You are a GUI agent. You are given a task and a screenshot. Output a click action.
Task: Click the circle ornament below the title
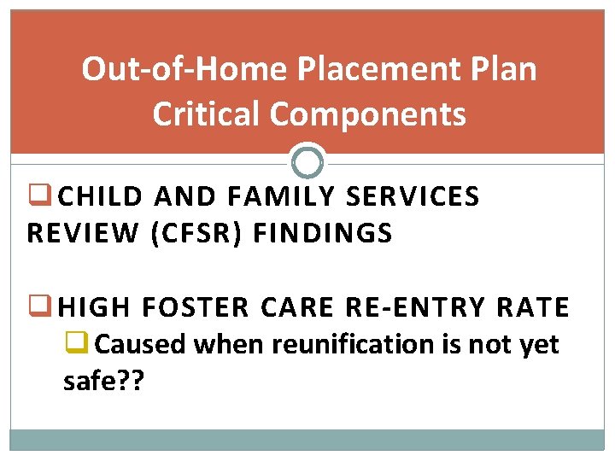click(x=307, y=160)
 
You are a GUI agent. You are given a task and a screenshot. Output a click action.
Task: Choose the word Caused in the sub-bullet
click(x=140, y=344)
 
